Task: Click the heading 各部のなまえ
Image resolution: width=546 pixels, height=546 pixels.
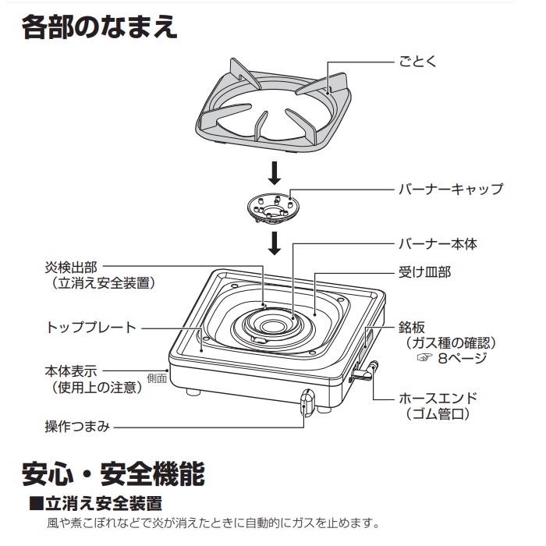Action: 100,29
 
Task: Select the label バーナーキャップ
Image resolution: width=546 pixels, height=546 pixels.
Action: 451,190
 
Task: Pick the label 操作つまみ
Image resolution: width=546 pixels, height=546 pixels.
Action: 76,427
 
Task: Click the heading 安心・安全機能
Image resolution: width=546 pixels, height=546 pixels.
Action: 113,472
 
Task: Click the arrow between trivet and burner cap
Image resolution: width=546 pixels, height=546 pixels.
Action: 274,171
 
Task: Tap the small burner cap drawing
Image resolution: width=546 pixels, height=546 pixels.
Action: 272,208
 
